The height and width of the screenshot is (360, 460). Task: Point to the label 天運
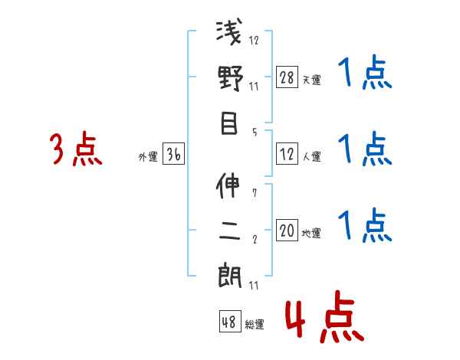click(312, 80)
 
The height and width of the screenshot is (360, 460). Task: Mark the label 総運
click(255, 323)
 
